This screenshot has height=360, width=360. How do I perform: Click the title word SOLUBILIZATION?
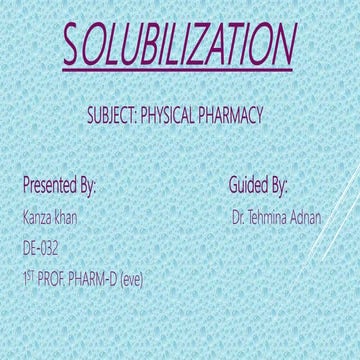(180, 46)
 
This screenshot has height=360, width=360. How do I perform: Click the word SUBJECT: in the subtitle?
(115, 116)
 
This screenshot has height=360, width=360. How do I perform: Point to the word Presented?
(50, 187)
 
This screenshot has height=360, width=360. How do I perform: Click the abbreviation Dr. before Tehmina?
(237, 217)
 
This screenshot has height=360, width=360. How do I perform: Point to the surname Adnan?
(307, 217)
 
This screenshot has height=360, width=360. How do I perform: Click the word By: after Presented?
(88, 188)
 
